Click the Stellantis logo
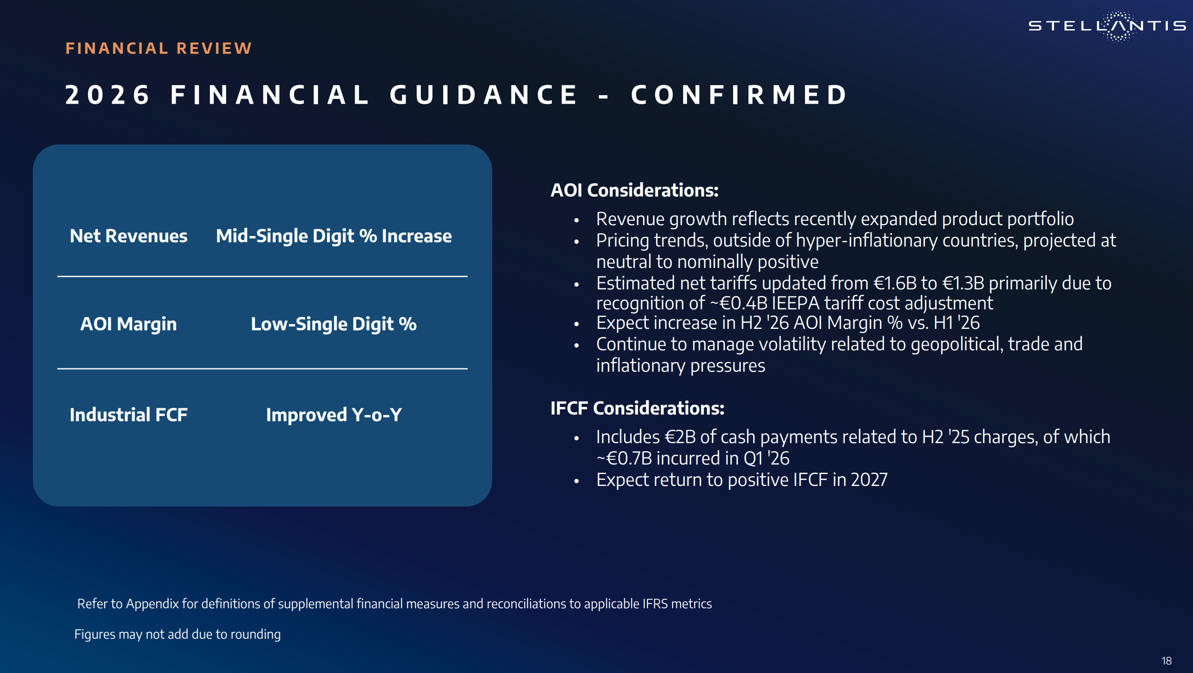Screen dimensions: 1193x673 [1107, 26]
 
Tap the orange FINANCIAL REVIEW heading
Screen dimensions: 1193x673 [159, 48]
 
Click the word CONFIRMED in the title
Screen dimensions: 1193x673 [739, 94]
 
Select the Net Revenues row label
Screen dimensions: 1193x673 [129, 236]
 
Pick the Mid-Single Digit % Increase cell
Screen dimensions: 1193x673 [334, 236]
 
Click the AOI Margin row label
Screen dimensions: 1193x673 [129, 324]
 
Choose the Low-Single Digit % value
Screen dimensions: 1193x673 [334, 324]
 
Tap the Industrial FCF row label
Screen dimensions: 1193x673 [129, 415]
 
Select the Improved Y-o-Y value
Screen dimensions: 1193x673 [334, 415]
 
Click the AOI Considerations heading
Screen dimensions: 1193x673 [634, 190]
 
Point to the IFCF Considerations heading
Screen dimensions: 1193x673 [637, 408]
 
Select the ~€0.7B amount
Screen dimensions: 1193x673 [624, 458]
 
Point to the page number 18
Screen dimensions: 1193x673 [1167, 661]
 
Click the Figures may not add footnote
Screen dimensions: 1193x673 [178, 634]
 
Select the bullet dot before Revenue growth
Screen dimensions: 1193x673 [577, 220]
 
